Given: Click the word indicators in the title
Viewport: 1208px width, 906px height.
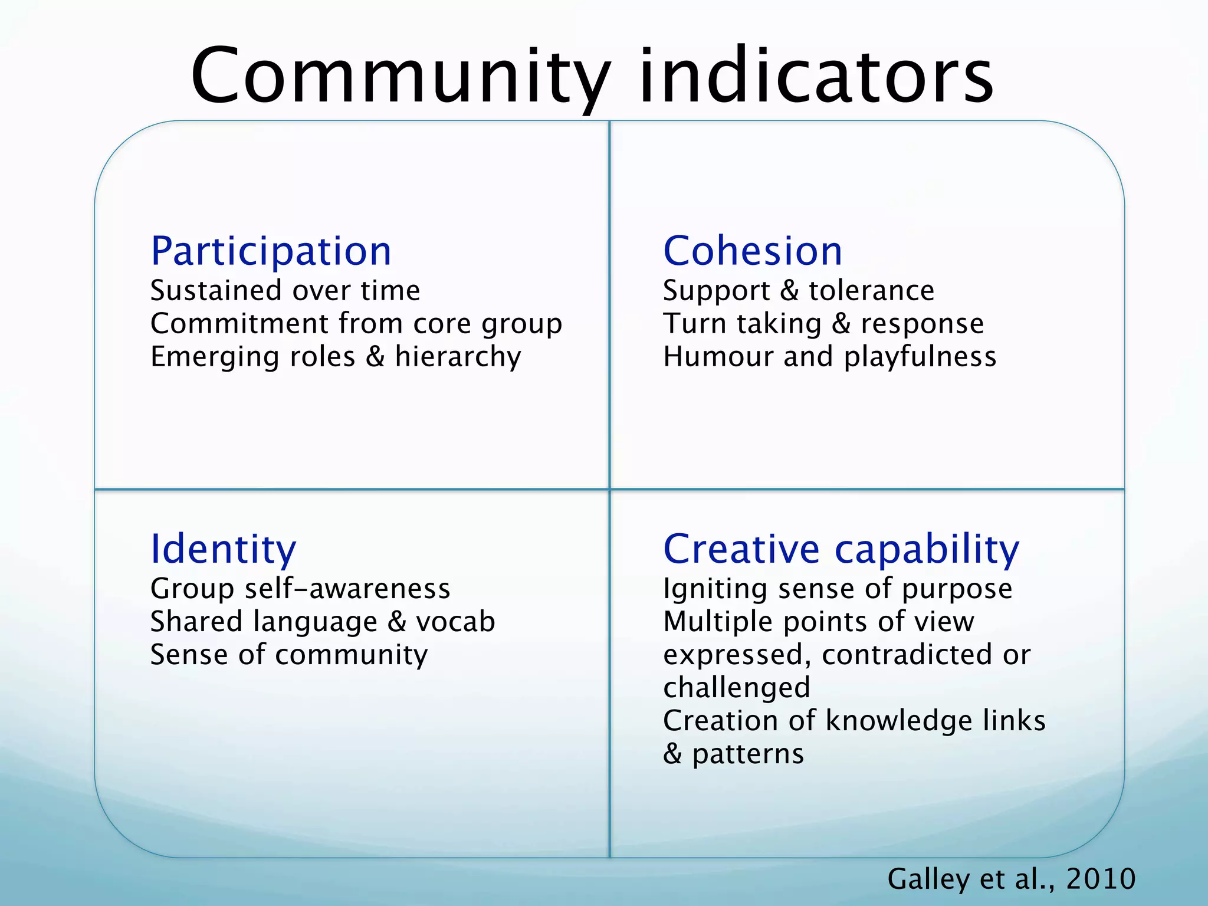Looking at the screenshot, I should coord(817,77).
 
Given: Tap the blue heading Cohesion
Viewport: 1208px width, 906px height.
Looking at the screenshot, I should coord(753,251).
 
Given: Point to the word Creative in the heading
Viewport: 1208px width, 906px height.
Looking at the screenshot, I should coord(741,549).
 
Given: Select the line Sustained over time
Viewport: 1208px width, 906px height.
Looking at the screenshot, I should coord(285,290).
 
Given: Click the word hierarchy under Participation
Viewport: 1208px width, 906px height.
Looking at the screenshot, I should coord(458,357).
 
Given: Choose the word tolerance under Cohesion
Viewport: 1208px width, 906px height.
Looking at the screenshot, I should coord(871,290).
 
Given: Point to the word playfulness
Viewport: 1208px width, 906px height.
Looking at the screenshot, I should coord(920,357).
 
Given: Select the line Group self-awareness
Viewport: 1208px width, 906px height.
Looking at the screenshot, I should coord(300,589).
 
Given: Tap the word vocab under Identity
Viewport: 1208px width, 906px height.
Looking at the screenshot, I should coord(455,622).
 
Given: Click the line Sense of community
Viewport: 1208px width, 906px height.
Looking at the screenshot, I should coord(289,655).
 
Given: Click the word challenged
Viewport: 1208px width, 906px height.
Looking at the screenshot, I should coord(737,688).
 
